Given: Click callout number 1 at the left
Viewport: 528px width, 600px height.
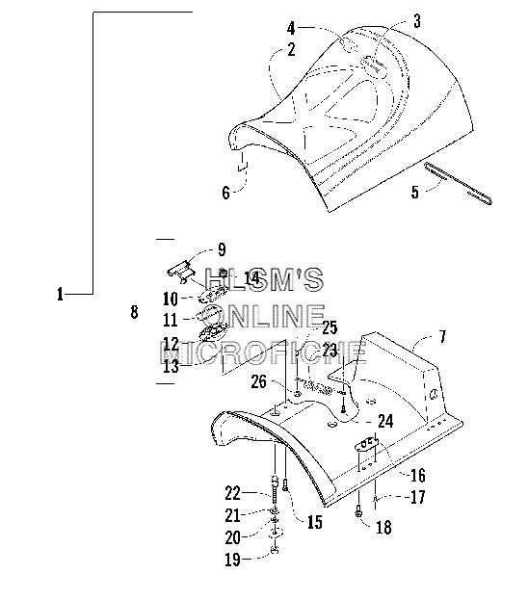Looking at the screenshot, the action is (60, 295).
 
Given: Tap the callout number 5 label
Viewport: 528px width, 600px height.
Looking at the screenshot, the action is (415, 192).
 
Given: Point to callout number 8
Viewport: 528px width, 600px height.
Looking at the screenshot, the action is (134, 312).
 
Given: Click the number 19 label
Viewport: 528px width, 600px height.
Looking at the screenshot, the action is (232, 560).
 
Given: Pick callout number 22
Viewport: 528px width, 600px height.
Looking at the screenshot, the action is (232, 493).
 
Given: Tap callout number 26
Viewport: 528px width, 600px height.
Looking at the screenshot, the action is (258, 381).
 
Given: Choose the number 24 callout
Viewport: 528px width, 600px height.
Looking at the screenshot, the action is (385, 421).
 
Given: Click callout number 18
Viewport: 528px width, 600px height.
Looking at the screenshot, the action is (383, 528).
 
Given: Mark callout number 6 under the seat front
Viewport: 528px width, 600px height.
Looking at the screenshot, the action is (225, 193).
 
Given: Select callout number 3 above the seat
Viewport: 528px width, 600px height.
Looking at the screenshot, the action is (417, 21).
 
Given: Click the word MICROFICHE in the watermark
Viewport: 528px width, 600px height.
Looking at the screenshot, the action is (263, 352).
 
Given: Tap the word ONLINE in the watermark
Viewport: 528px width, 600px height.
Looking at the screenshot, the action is (264, 316).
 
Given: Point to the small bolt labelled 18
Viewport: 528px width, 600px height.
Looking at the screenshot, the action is (358, 510).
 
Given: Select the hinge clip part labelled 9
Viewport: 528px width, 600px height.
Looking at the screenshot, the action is (181, 272).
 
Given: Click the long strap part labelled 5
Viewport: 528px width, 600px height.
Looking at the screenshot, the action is (458, 183).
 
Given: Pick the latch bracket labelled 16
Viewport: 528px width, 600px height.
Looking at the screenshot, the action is (367, 444).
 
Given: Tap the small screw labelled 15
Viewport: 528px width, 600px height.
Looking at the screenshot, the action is (285, 485).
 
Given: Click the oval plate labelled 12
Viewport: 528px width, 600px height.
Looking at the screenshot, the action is (213, 332).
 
